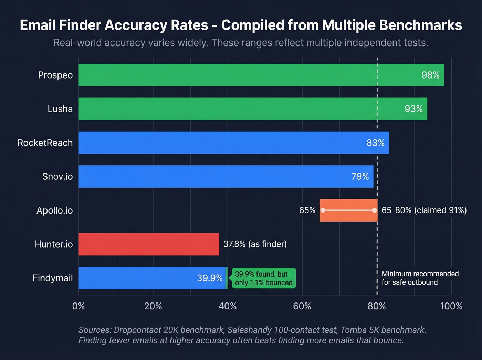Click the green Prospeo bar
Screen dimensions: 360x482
[241, 75]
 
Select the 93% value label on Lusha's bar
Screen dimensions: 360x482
[413, 109]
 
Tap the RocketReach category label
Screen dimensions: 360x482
[45, 143]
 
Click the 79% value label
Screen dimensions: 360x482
[360, 176]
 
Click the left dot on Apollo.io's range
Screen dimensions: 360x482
[323, 210]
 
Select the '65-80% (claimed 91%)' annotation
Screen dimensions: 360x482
[424, 210]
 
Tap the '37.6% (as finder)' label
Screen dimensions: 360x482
[255, 244]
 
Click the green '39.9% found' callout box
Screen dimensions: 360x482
[264, 278]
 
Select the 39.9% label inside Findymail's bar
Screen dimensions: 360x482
[210, 278]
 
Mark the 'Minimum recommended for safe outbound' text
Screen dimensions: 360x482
[420, 278]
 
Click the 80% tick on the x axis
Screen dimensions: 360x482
[377, 306]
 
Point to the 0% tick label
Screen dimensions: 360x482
[78, 306]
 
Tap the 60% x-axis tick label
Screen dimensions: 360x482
[302, 306]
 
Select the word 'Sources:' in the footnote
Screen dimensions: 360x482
[95, 330]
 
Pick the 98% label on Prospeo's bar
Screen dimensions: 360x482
[430, 75]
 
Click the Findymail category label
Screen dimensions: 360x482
[53, 278]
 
